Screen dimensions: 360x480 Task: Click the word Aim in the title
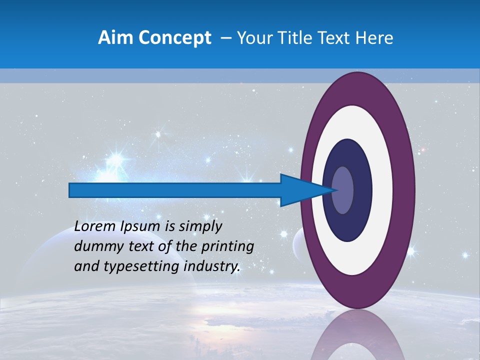114,38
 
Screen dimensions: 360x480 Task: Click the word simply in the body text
200,227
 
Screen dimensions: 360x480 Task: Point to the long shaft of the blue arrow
175,190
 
